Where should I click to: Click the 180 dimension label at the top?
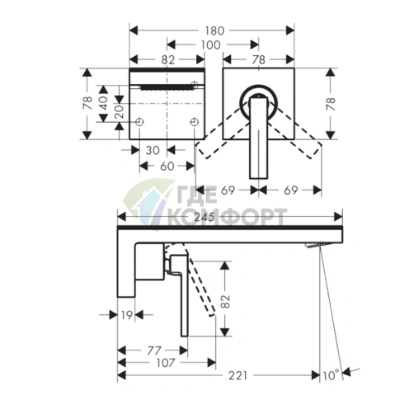[214, 31]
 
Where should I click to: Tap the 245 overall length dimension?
[204, 217]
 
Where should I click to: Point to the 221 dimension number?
[237, 375]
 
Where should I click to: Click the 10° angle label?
[331, 375]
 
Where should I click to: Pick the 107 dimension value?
[166, 363]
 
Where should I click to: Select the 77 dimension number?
[154, 350]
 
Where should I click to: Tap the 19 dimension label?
[127, 315]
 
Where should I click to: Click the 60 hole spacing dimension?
[167, 166]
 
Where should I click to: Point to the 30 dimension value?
[153, 150]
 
